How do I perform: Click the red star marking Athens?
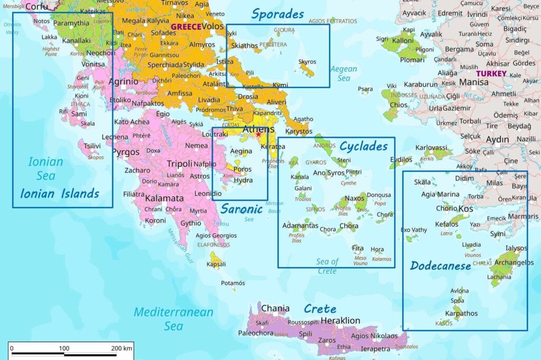(x=258, y=135)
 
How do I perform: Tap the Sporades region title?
(x=277, y=14)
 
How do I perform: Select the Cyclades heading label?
(x=363, y=146)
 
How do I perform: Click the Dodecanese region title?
(x=440, y=266)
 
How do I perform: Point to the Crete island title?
(x=320, y=309)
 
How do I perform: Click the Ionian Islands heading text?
(x=60, y=193)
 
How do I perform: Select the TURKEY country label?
(x=491, y=74)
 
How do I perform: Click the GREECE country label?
(x=185, y=26)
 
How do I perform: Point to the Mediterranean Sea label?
(x=173, y=319)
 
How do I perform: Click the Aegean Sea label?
(x=343, y=73)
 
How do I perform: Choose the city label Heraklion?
(x=340, y=320)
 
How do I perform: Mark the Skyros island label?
(x=307, y=62)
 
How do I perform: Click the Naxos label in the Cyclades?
(x=355, y=198)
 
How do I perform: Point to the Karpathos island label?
(x=461, y=314)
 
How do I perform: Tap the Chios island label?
(x=398, y=105)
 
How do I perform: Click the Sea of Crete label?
(x=327, y=266)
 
